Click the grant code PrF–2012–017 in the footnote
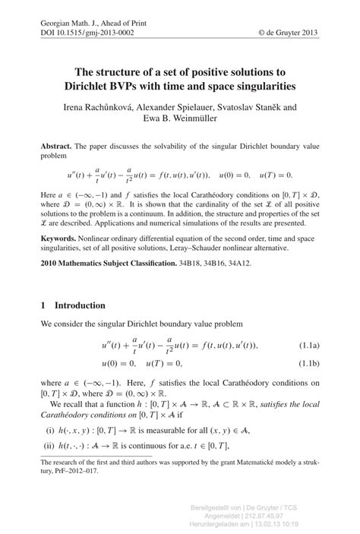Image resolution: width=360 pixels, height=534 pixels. coord(82,470)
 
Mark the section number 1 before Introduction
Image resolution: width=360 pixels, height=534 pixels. coord(43,305)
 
